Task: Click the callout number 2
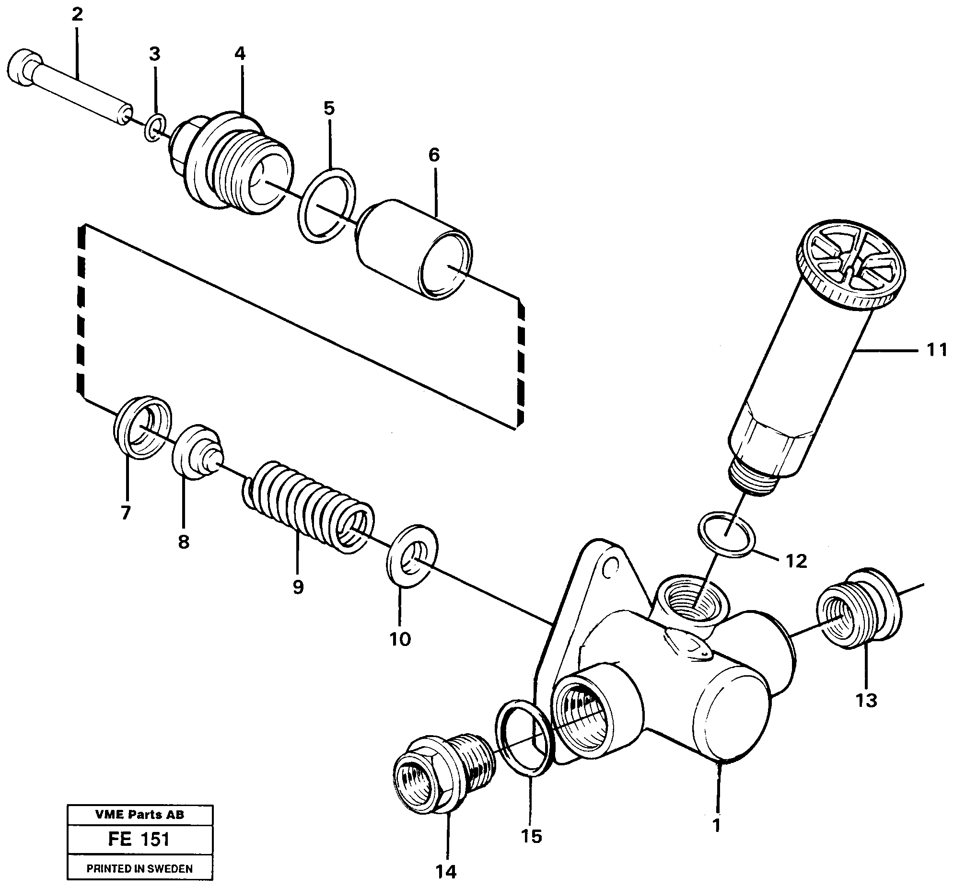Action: point(77,14)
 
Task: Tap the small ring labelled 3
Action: point(155,128)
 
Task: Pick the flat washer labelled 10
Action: point(412,555)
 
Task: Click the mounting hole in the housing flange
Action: point(610,567)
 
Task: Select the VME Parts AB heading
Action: point(139,814)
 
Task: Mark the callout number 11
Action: point(936,350)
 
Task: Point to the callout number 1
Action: point(717,825)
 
